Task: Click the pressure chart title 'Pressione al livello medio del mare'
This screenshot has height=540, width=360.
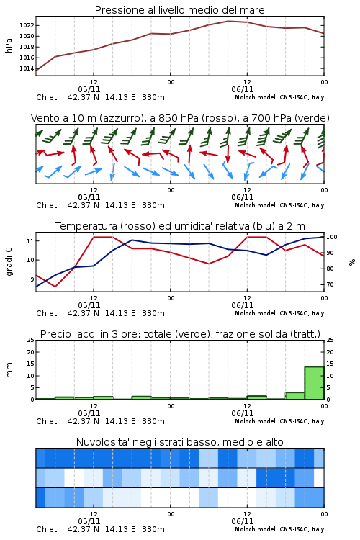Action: pyautogui.click(x=179, y=10)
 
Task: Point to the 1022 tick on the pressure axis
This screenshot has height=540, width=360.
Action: pyautogui.click(x=27, y=25)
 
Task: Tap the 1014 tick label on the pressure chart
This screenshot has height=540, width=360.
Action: pyautogui.click(x=27, y=68)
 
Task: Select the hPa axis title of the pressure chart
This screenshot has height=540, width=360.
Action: pyautogui.click(x=9, y=45)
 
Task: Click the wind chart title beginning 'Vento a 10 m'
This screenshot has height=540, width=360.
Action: pyautogui.click(x=180, y=118)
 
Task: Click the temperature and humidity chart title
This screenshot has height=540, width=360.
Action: pyautogui.click(x=180, y=226)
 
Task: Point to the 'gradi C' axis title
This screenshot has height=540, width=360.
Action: pyautogui.click(x=9, y=261)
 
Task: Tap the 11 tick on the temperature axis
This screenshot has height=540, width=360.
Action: pyautogui.click(x=30, y=241)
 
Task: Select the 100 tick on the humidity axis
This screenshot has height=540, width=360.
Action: pyautogui.click(x=332, y=237)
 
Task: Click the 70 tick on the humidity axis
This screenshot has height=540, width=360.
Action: pyautogui.click(x=330, y=284)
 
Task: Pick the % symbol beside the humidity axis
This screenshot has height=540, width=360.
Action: pyautogui.click(x=352, y=262)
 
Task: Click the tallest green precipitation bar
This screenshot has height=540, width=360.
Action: pyautogui.click(x=314, y=382)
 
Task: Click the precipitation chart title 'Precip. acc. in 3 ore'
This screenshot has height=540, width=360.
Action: pyautogui.click(x=180, y=334)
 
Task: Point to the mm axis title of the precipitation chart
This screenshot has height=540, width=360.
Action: pyautogui.click(x=9, y=369)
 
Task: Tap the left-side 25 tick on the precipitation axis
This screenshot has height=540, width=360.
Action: pyautogui.click(x=31, y=340)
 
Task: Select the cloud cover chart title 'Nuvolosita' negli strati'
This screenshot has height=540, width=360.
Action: pyautogui.click(x=179, y=442)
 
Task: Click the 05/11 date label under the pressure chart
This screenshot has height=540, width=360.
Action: pyautogui.click(x=89, y=89)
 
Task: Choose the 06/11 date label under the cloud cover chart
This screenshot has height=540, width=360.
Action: pyautogui.click(x=243, y=521)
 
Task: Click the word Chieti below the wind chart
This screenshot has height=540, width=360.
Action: pyautogui.click(x=48, y=205)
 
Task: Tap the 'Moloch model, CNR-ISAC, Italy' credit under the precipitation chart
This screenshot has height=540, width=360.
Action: pyautogui.click(x=279, y=421)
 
